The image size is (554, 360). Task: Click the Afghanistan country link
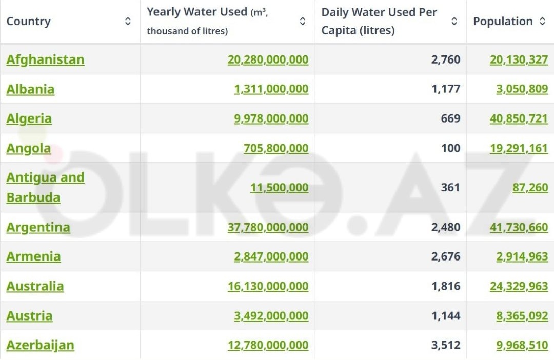click(45, 59)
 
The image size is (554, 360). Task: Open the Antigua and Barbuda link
click(45, 187)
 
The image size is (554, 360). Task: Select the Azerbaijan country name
click(40, 345)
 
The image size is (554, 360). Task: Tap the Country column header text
click(29, 22)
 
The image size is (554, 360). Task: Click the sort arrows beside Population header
click(542, 22)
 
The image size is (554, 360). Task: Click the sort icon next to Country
click(128, 22)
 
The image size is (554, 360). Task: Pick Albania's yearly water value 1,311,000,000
click(271, 89)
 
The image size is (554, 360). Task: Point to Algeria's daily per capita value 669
click(450, 118)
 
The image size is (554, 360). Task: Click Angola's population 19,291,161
click(519, 148)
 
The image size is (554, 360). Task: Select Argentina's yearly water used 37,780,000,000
click(268, 227)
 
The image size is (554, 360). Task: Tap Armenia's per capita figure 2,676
click(446, 256)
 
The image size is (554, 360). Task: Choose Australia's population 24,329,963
click(519, 286)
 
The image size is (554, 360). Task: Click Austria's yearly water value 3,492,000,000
click(271, 316)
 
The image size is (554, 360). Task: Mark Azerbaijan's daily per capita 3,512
click(446, 345)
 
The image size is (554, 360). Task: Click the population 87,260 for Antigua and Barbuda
click(530, 188)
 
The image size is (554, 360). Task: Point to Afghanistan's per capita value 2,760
click(446, 59)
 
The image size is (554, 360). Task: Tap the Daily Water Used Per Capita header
click(380, 21)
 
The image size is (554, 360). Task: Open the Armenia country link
click(33, 256)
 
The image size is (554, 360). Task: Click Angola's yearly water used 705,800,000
click(276, 148)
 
